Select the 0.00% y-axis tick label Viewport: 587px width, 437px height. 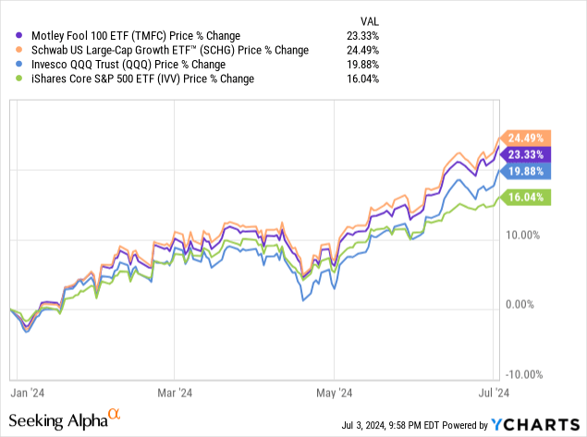click(x=531, y=305)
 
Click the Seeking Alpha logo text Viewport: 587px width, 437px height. click(x=58, y=420)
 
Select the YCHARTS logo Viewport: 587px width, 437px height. click(x=536, y=424)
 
